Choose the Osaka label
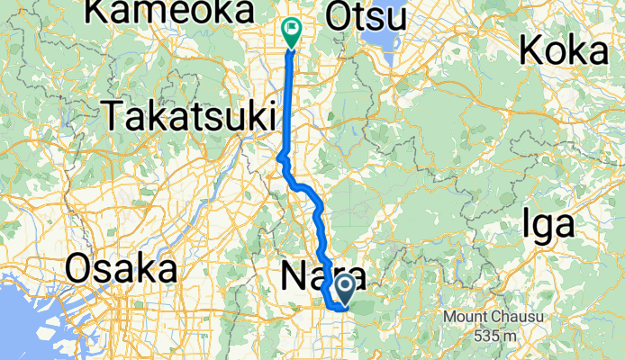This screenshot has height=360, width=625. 122,269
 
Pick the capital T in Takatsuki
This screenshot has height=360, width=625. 113,116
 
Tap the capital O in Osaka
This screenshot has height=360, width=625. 80,269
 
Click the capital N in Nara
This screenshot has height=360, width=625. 292,274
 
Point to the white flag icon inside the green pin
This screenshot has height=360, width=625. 293,28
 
